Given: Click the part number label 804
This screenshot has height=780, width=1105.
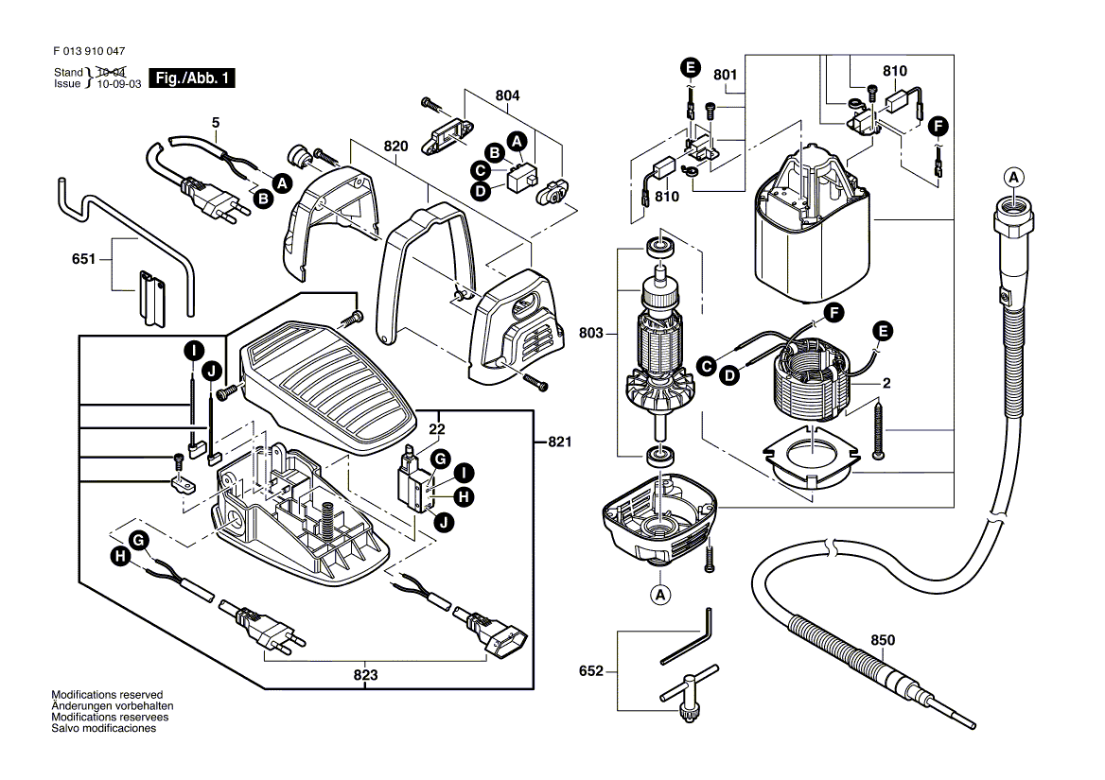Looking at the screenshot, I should pyautogui.click(x=507, y=95).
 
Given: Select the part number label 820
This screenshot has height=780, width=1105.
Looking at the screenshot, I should pyautogui.click(x=395, y=147).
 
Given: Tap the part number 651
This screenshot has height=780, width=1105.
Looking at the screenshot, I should pyautogui.click(x=84, y=257).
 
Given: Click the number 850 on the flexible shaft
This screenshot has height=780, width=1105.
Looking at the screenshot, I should pyautogui.click(x=882, y=640).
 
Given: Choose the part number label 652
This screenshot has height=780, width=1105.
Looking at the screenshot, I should pyautogui.click(x=590, y=671).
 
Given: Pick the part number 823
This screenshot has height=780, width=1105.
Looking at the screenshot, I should pyautogui.click(x=366, y=675).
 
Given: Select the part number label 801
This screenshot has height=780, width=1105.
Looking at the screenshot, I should pyautogui.click(x=725, y=74).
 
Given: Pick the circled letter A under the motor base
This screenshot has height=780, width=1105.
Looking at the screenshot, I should pyautogui.click(x=659, y=595).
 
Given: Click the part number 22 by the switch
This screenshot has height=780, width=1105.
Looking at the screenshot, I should pyautogui.click(x=436, y=429).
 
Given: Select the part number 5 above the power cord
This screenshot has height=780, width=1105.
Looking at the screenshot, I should pyautogui.click(x=215, y=122).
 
